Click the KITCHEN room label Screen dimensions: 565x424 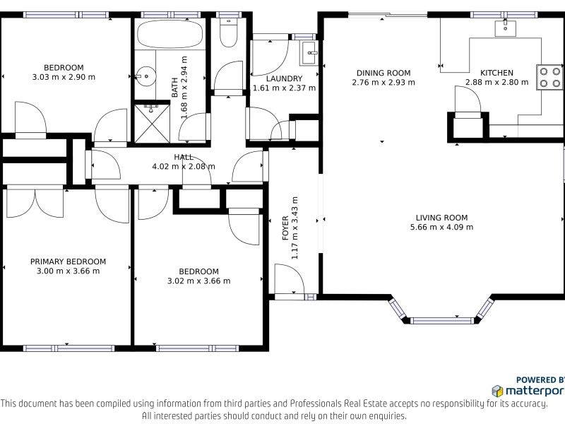tap(496, 73)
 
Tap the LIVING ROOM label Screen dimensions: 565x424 tap(442, 218)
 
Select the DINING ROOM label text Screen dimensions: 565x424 tap(383, 73)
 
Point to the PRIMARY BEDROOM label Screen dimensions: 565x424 tap(68, 261)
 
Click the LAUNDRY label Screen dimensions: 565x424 tap(285, 78)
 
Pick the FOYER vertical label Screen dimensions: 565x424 tap(285, 228)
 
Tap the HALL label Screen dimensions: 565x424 tap(184, 157)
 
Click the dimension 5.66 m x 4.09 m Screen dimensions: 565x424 tap(442, 227)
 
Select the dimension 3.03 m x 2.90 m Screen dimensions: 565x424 tap(64, 77)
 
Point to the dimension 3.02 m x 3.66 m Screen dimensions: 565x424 tap(199, 281)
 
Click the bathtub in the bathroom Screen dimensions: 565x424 tap(170, 34)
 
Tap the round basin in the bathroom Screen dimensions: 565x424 tap(145, 76)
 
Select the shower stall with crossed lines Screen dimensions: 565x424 tap(152, 123)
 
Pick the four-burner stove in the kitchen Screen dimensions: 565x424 tap(550, 77)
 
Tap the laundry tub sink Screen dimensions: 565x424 tap(309, 54)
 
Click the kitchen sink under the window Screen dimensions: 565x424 tap(505, 28)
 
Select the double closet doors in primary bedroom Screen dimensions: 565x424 tap(35, 202)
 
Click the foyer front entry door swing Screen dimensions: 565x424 tap(290, 279)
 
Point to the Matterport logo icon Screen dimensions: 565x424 tap(498, 391)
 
